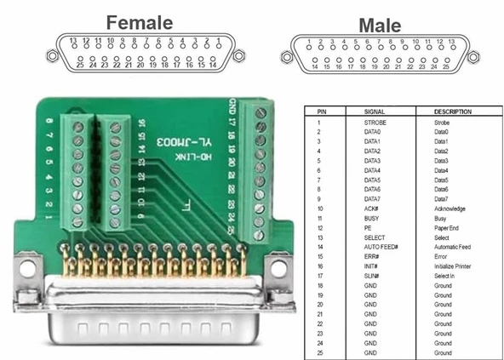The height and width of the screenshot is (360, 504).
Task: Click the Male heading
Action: (379, 25)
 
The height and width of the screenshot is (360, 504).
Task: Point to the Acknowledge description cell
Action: (450, 209)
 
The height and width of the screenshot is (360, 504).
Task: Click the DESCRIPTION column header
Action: (453, 111)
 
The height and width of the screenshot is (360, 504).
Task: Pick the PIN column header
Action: (321, 111)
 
